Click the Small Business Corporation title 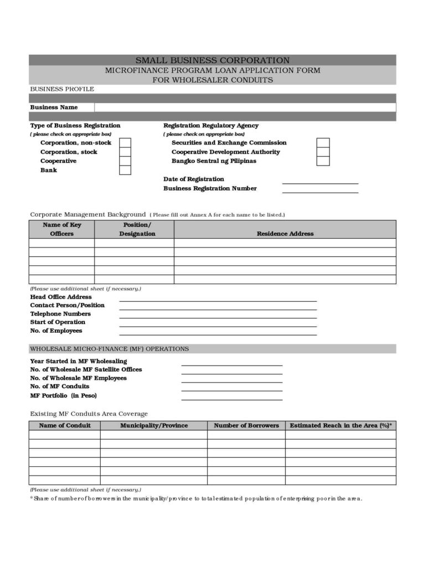point(213,60)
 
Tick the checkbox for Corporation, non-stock point(125,143)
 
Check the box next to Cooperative point(125,161)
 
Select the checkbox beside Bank point(125,170)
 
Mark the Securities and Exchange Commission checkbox point(323,143)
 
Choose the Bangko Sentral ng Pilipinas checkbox point(323,161)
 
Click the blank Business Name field point(245,107)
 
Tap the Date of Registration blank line point(320,180)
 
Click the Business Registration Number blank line point(320,189)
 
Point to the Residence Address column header point(285,234)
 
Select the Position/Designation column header point(137,229)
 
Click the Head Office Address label point(61,297)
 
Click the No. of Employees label point(56,331)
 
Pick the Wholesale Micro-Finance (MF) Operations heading point(109,349)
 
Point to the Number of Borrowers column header point(246,426)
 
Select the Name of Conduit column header point(65,426)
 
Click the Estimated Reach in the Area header point(341,426)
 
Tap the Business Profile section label point(62,89)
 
